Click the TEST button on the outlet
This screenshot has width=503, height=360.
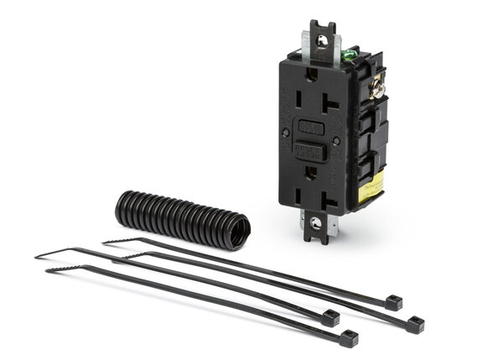(311, 128)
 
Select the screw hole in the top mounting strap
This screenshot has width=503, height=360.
(320, 40)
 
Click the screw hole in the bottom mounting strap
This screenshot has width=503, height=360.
(316, 223)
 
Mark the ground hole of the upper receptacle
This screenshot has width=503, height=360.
(309, 108)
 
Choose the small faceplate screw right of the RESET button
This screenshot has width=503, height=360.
(335, 142)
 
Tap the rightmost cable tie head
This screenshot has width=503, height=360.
(415, 324)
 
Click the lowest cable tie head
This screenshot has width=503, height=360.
(349, 338)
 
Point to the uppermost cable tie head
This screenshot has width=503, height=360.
(393, 303)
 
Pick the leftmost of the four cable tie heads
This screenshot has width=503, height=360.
(330, 318)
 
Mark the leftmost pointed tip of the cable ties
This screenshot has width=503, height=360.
(37, 257)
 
